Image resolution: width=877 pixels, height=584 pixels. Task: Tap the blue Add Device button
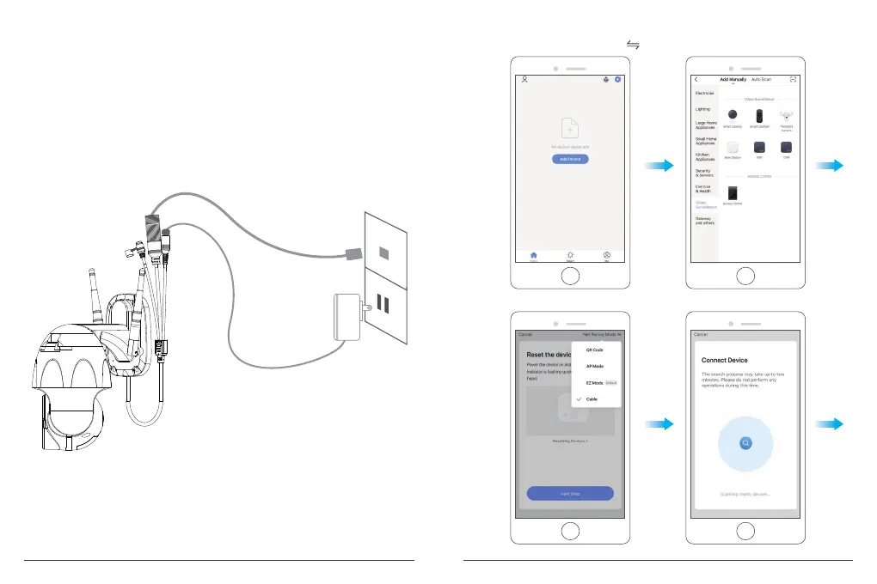coord(570,160)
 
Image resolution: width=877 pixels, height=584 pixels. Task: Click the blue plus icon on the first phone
coord(617,79)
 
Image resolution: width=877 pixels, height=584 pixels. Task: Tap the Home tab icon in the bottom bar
coord(534,255)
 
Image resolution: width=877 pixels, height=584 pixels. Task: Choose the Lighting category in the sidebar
coord(702,109)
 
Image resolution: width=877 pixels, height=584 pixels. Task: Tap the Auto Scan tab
coord(761,79)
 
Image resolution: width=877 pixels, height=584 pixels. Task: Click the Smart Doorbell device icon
coord(759,118)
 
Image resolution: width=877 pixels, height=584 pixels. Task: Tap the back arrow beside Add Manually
coord(696,79)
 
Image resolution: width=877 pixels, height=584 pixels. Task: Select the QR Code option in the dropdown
coord(595,350)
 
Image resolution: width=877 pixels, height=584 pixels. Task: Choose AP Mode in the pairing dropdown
coord(595,366)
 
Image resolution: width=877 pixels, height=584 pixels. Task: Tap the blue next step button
coord(570,493)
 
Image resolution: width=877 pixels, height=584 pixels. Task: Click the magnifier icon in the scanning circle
coord(746,442)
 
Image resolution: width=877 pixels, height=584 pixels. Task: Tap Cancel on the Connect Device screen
coord(700,334)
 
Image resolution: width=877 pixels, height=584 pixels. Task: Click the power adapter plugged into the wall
coord(349,314)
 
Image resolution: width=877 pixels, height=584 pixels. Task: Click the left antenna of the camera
coord(92,297)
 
